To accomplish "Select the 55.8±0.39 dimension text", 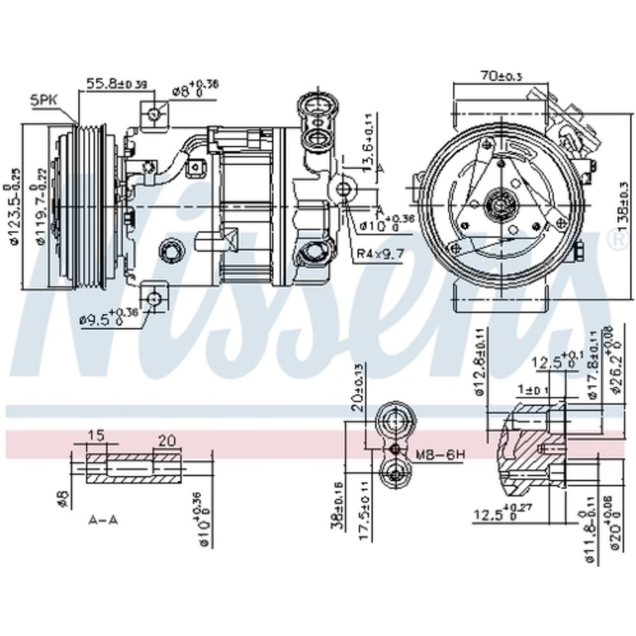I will click(117, 83).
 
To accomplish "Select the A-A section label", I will click(103, 520).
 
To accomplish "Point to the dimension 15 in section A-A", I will click(96, 436).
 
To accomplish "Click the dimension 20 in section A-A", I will click(167, 440).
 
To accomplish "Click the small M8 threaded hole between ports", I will click(395, 449).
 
